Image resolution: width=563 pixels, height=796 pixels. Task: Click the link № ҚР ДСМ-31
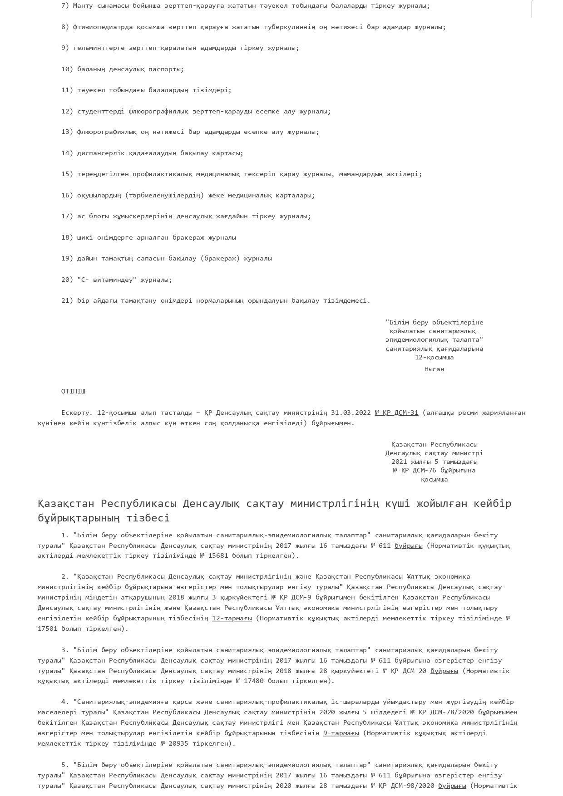click(396, 413)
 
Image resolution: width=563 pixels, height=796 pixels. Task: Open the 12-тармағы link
click(232, 618)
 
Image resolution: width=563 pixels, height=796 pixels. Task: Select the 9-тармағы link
click(341, 733)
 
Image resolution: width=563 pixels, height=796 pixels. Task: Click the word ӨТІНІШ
click(73, 391)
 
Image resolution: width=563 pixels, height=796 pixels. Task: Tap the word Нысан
click(434, 369)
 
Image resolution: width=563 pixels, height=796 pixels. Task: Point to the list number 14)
click(67, 153)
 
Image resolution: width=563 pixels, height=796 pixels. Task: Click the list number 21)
click(67, 300)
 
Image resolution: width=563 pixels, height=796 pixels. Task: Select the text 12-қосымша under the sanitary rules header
click(434, 357)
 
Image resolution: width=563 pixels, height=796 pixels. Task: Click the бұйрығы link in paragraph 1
click(408, 545)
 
